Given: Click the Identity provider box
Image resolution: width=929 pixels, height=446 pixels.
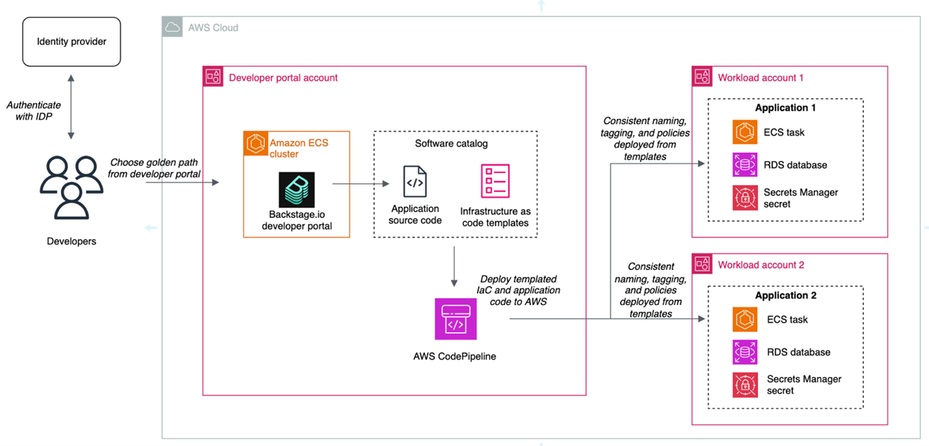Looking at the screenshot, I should click(x=71, y=42).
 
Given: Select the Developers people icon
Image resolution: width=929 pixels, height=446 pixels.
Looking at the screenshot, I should click(x=71, y=186).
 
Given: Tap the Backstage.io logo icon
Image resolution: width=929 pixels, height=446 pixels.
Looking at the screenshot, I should click(x=296, y=190).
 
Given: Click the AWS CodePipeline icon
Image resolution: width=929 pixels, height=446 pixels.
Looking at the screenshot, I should click(x=455, y=319).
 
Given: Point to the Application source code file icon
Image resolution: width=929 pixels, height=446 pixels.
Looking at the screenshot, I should click(x=415, y=182).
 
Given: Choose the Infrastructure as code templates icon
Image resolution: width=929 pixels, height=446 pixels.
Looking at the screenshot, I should click(x=495, y=182).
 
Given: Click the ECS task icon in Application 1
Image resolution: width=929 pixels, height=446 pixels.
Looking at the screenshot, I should click(x=745, y=132).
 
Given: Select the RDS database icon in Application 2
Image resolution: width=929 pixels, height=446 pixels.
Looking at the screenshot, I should click(x=745, y=352).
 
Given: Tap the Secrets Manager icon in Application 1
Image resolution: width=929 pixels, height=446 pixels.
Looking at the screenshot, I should click(x=745, y=198).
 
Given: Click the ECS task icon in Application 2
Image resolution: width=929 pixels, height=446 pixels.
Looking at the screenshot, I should click(x=745, y=319).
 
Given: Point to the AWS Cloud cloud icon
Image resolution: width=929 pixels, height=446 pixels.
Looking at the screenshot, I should click(x=172, y=27).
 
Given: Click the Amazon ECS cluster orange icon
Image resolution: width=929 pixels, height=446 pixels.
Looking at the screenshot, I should click(x=254, y=142).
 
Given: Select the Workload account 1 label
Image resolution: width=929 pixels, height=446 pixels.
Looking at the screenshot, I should click(x=761, y=78).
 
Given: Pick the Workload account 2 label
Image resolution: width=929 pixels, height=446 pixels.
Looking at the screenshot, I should click(x=761, y=265).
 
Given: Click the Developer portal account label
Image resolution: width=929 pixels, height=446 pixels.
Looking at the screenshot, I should click(x=283, y=78).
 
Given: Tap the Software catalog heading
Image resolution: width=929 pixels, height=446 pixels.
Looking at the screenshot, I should click(x=451, y=143).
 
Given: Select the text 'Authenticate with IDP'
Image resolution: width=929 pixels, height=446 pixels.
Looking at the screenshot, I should click(x=34, y=110).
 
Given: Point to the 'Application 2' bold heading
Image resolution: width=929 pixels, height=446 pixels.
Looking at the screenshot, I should click(x=785, y=295).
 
